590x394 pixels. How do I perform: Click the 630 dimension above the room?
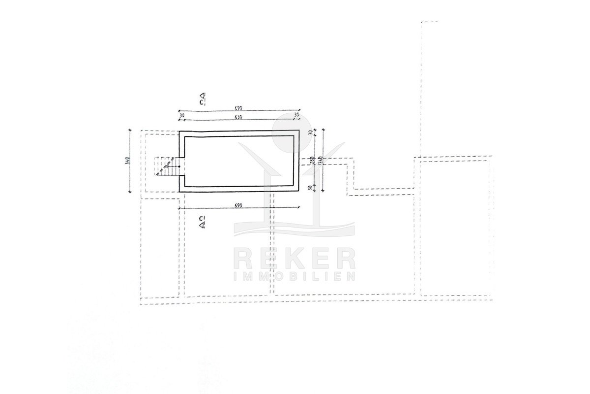[239, 117]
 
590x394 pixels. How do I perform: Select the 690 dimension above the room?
[239, 107]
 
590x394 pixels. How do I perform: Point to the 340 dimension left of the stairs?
[127, 161]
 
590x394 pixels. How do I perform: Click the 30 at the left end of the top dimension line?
[181, 115]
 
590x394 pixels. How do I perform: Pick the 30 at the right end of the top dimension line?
[296, 115]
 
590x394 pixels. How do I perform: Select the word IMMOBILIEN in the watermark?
[294, 276]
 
